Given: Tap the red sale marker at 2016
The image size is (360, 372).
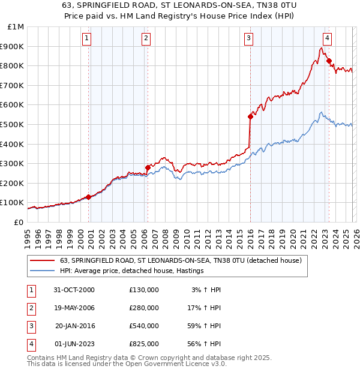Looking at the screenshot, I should tap(250, 116).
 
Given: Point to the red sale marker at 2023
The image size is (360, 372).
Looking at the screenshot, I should tap(329, 61).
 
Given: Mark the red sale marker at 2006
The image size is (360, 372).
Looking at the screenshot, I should tap(148, 167).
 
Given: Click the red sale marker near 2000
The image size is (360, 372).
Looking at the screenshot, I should tap(89, 197).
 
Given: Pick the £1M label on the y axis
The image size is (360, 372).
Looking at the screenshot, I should tap(16, 26).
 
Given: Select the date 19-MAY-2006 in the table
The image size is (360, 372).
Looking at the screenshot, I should tap(74, 308).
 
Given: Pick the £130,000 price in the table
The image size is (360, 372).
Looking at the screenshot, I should tap(144, 290).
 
